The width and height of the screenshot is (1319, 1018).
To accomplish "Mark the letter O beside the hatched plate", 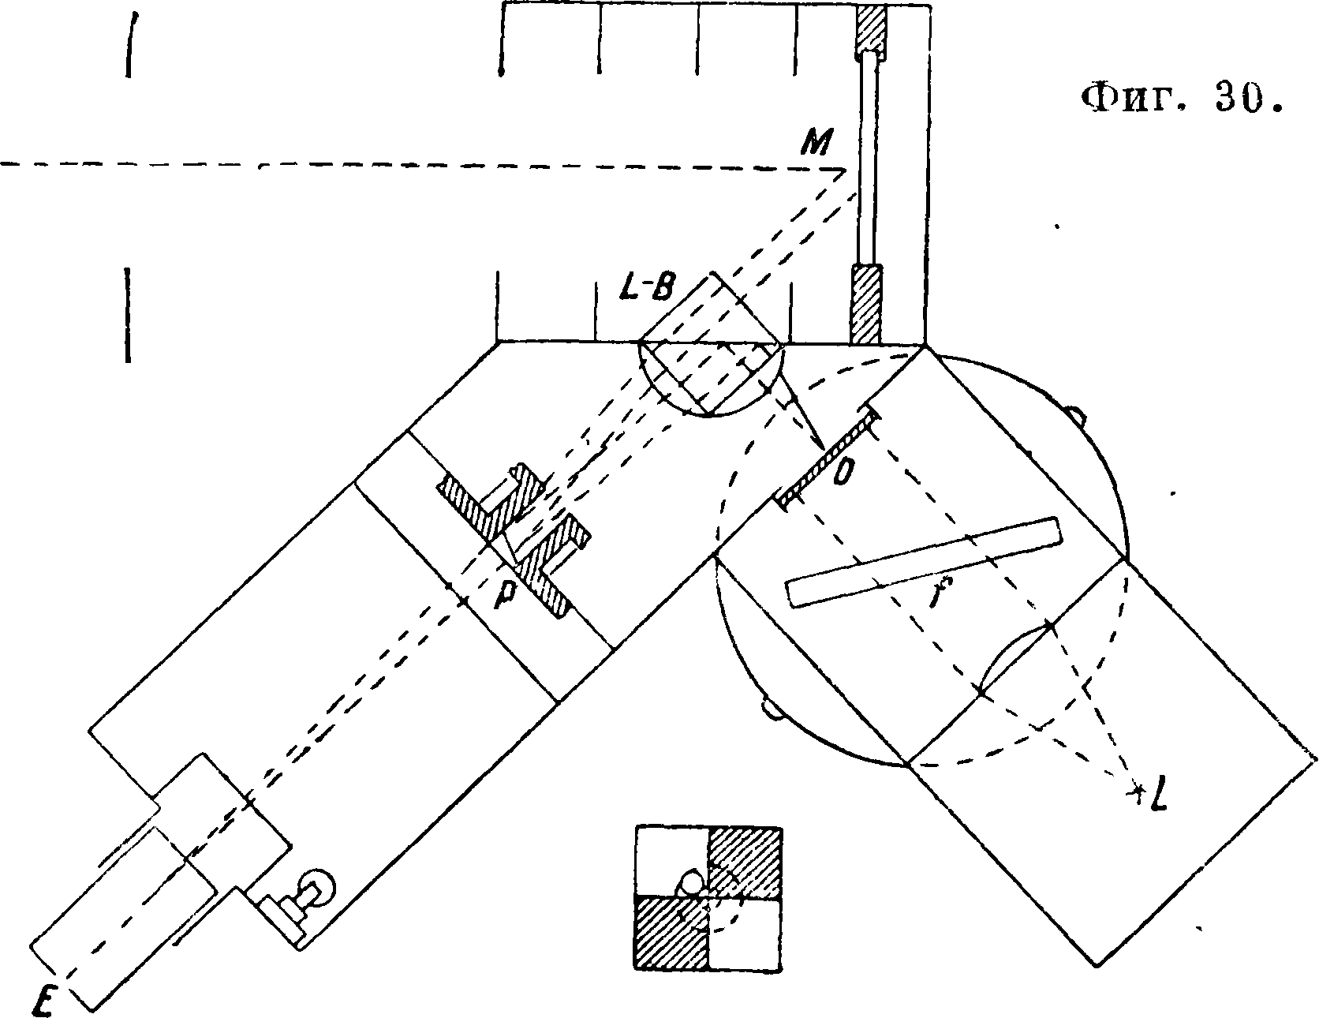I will [843, 473].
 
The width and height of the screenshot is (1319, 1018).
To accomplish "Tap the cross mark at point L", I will [1138, 788].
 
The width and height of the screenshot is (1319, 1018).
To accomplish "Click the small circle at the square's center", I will [692, 882].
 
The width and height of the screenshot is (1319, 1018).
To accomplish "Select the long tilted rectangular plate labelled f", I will [923, 562].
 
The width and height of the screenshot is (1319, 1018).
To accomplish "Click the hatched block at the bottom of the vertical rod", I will [865, 304].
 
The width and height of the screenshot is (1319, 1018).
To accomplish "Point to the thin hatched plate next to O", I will [828, 457].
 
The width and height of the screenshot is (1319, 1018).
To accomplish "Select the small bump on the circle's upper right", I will [1075, 414].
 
